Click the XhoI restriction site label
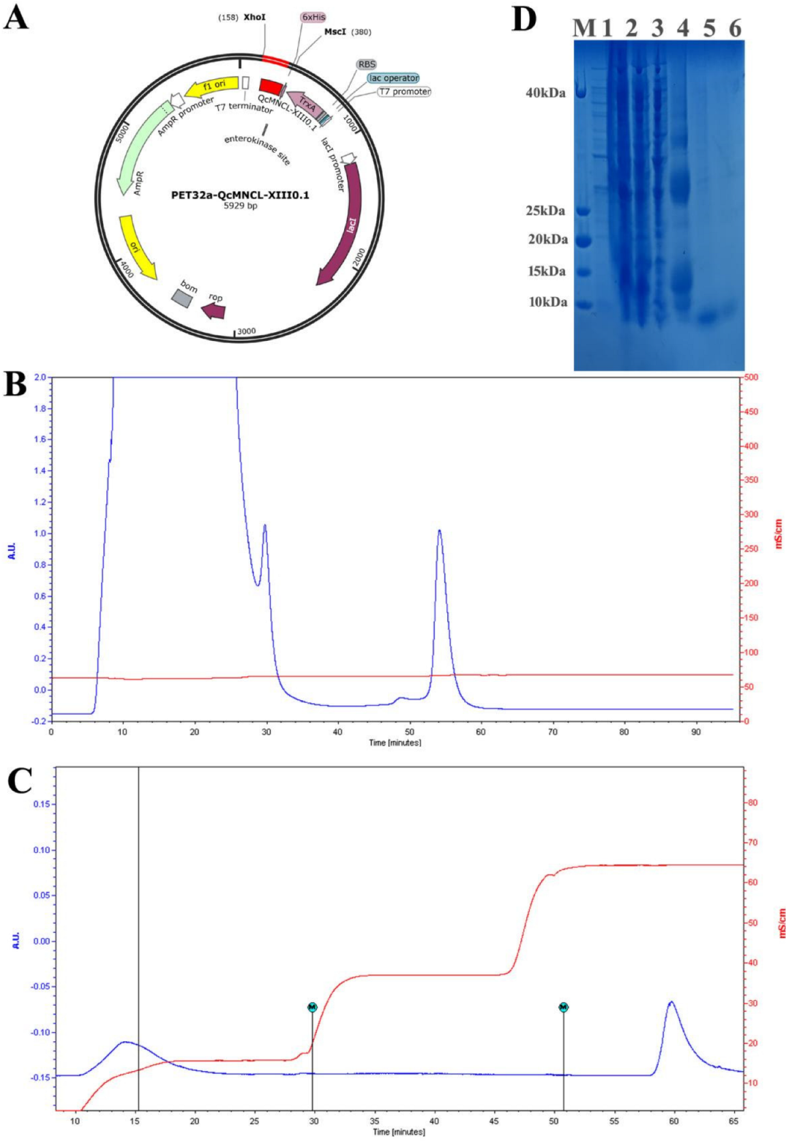254,17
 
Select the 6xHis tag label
313,17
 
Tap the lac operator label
393,78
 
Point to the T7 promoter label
404,91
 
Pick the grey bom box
181,298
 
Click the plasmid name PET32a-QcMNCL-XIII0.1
240,195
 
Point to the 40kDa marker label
545,93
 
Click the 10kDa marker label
547,302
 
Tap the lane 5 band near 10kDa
709,316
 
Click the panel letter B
15,384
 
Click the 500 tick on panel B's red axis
750,377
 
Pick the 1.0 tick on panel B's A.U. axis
40,534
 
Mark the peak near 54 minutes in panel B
440,530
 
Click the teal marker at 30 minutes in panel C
312,1007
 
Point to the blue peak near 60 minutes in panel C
671,1002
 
